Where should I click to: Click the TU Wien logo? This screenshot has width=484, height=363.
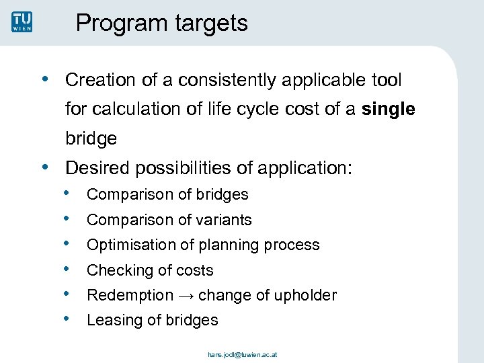(x=22, y=22)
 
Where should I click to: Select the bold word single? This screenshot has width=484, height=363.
(x=388, y=110)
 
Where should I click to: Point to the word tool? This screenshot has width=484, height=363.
(x=386, y=81)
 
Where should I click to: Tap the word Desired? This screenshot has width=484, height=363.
(x=97, y=167)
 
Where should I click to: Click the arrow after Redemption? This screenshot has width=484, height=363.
(x=186, y=295)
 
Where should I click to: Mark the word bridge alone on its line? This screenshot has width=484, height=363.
(x=91, y=139)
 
